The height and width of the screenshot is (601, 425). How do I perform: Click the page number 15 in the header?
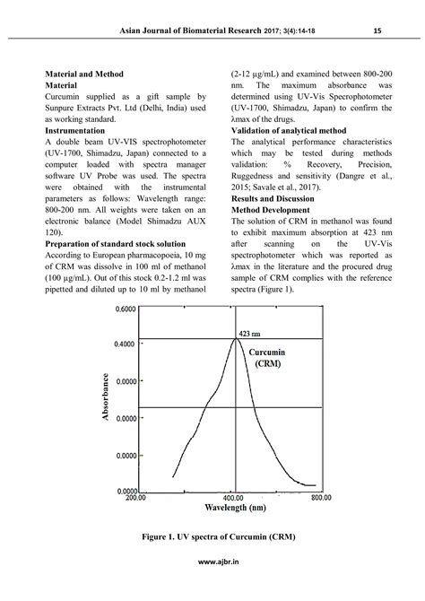pos(377,32)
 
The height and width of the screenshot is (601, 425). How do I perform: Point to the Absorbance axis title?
pos(107,397)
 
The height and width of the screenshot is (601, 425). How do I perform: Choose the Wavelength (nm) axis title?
pos(234,509)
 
